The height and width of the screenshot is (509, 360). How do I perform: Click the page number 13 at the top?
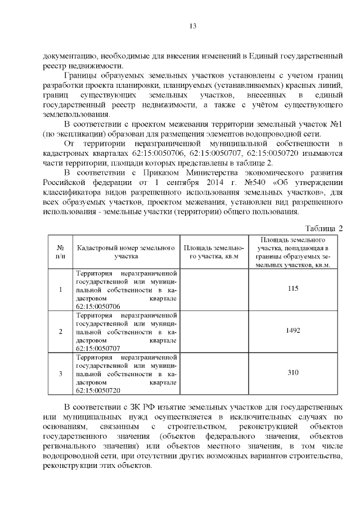(x=192, y=26)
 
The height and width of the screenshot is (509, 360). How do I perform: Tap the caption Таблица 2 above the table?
(x=324, y=228)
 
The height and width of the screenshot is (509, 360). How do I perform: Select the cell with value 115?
(x=292, y=289)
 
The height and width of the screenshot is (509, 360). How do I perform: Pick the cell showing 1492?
(x=292, y=330)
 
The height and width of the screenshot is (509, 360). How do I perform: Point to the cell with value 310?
(x=292, y=372)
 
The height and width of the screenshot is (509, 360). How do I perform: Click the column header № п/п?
(x=60, y=251)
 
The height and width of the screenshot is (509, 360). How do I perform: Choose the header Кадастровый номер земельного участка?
(x=122, y=251)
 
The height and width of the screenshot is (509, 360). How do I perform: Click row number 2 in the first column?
(x=60, y=331)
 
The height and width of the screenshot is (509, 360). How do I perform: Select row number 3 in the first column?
(x=60, y=373)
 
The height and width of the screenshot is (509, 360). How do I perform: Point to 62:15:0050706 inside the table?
(x=98, y=307)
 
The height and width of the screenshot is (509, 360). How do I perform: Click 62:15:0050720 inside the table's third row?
(x=98, y=390)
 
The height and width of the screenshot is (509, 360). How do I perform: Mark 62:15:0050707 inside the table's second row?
(x=98, y=348)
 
